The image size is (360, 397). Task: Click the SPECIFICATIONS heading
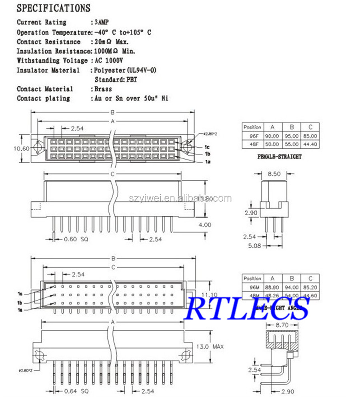click(54, 8)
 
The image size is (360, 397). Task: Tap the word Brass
click(103, 89)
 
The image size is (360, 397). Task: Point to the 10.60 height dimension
click(22, 148)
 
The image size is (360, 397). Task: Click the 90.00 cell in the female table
click(272, 136)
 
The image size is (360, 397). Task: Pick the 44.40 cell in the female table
click(310, 144)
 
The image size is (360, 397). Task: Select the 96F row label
click(252, 136)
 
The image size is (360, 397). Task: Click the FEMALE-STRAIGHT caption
click(280, 156)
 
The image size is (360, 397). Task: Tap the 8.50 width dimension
click(274, 174)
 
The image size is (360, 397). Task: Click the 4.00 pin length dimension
click(204, 225)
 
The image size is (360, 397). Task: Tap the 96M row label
click(252, 287)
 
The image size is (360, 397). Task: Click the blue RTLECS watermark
click(248, 308)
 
